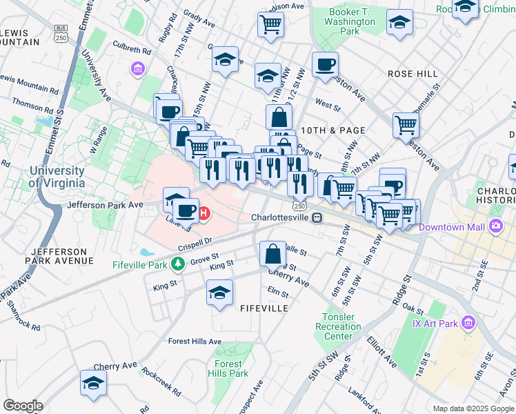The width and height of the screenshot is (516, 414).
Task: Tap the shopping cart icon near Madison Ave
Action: pyautogui.click(x=271, y=25)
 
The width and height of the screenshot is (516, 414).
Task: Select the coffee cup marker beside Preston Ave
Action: pyautogui.click(x=325, y=65)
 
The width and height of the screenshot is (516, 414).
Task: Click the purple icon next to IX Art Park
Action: pyautogui.click(x=469, y=322)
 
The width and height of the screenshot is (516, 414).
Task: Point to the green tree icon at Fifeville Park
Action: pyautogui.click(x=178, y=264)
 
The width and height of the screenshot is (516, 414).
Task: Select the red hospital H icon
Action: pyautogui.click(x=204, y=215)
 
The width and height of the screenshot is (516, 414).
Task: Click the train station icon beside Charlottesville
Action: pyautogui.click(x=317, y=217)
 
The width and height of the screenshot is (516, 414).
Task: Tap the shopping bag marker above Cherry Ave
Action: pyautogui.click(x=273, y=253)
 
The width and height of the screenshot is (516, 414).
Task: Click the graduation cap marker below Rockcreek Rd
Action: pyautogui.click(x=94, y=383)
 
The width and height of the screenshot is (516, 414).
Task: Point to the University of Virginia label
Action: pyautogui.click(x=57, y=177)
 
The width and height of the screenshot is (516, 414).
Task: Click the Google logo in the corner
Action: pyautogui.click(x=23, y=405)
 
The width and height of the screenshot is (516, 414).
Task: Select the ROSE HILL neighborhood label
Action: pyautogui.click(x=413, y=73)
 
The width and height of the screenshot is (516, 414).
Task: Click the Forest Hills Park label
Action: pyautogui.click(x=228, y=368)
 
